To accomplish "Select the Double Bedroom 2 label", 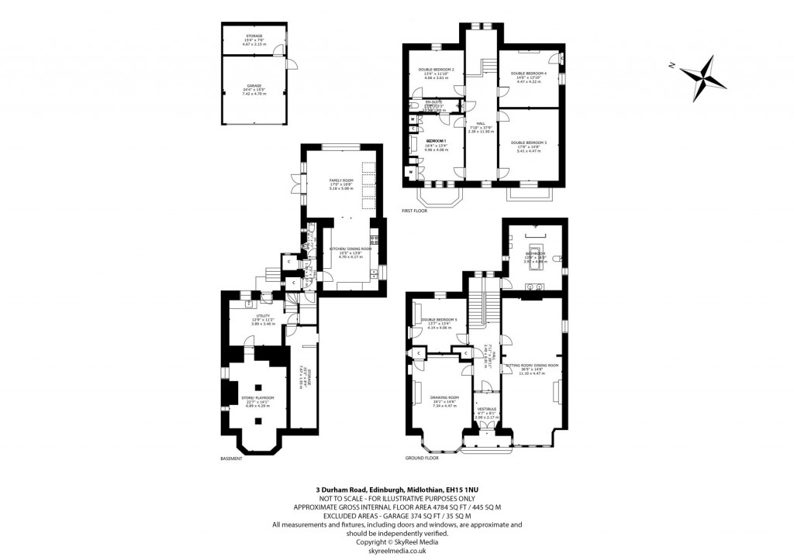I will click(x=436, y=70).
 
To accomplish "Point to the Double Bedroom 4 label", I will click(x=529, y=74).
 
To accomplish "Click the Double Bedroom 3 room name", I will click(x=529, y=143).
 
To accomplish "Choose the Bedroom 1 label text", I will click(x=436, y=141).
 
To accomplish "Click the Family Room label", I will click(x=340, y=180).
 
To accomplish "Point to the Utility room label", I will click(x=263, y=316).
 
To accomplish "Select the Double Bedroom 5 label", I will click(x=440, y=320).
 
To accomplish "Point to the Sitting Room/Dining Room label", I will click(x=532, y=365).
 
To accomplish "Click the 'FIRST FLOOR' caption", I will click(x=416, y=211).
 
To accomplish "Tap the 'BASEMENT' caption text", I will click(x=231, y=459).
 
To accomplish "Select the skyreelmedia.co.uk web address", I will click(x=397, y=550).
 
